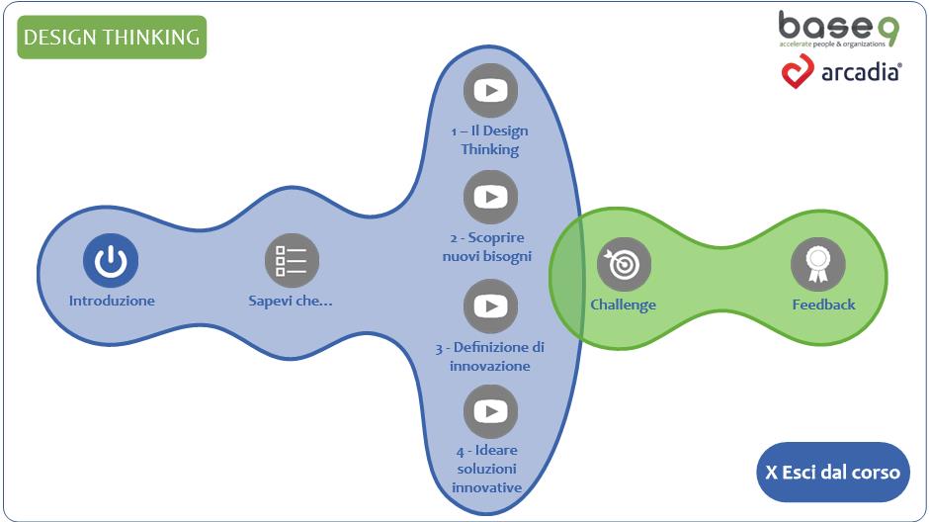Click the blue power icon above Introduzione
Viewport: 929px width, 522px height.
click(111, 261)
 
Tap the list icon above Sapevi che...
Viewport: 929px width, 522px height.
click(292, 261)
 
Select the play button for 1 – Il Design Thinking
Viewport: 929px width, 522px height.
click(490, 91)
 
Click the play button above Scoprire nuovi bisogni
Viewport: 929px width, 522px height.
click(490, 198)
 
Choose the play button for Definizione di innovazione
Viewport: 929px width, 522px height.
click(490, 306)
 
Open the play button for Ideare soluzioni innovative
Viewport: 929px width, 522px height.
click(490, 412)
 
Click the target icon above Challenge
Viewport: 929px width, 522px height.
click(624, 265)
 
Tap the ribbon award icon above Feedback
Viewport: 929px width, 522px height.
click(818, 265)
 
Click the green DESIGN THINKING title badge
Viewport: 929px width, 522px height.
click(112, 38)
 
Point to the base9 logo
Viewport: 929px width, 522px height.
click(839, 29)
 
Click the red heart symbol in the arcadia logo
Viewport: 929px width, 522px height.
click(798, 72)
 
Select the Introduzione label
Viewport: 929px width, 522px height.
click(112, 301)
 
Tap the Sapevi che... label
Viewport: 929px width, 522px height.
click(291, 301)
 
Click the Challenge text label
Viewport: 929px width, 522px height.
click(624, 305)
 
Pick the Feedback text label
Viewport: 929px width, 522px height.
click(823, 304)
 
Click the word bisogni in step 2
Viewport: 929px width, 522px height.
click(507, 257)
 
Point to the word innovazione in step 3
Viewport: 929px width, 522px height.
click(490, 366)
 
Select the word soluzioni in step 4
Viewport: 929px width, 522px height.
click(487, 469)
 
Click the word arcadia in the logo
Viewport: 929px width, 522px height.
click(861, 72)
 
